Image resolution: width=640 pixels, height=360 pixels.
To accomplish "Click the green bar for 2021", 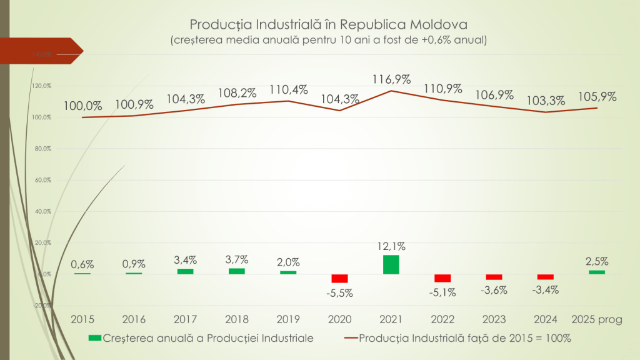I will click(391, 264).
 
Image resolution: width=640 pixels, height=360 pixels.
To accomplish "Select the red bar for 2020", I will click(339, 278).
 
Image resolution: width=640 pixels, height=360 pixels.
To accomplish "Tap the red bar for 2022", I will click(442, 278).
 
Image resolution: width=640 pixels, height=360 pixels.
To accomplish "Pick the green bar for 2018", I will click(237, 271).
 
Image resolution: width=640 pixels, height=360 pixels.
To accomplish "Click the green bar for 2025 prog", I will click(597, 272).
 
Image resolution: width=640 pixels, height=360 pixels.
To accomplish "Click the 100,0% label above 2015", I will click(82, 105).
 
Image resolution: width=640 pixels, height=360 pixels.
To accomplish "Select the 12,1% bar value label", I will click(391, 247).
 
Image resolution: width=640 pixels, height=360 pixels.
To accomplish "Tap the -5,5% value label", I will click(339, 292).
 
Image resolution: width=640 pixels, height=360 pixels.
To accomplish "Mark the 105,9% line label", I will click(597, 97).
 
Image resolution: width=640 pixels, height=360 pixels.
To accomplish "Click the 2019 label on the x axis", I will click(288, 319).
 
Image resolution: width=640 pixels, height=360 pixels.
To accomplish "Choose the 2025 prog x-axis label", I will click(597, 319).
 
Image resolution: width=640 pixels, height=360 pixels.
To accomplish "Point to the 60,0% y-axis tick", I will click(42, 180).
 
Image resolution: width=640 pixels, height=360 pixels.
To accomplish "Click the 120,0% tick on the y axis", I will click(42, 86).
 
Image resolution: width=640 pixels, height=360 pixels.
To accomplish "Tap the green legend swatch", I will click(94, 338).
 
